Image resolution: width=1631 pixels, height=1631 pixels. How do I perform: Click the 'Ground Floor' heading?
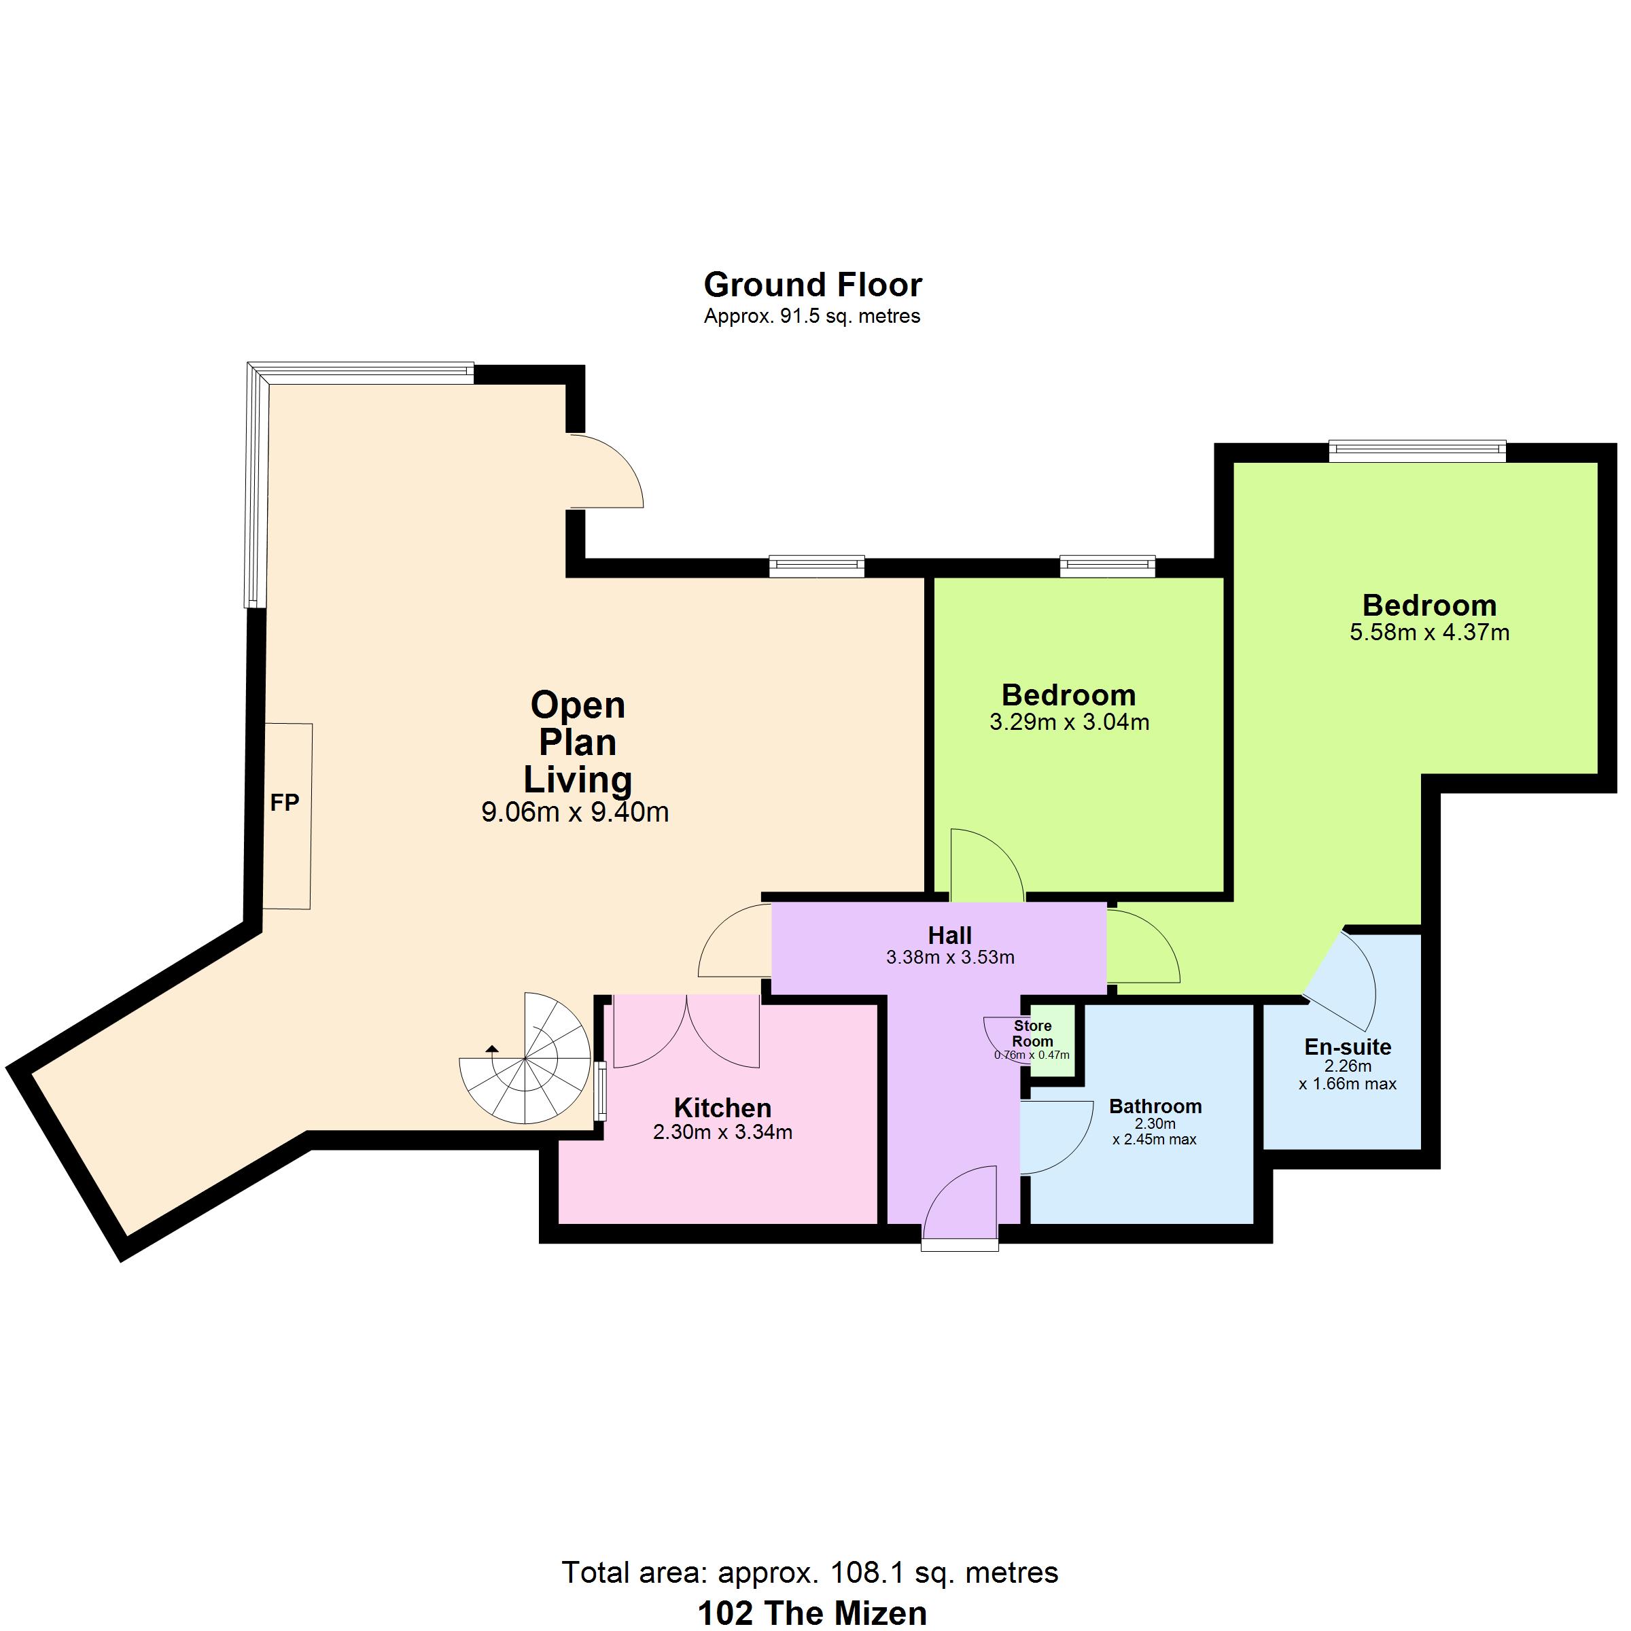pos(812,285)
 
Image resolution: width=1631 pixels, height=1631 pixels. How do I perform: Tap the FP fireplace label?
pos(285,803)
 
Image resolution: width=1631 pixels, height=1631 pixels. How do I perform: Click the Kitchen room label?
pos(722,1108)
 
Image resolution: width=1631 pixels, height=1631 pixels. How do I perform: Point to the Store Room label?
pos(1032,1033)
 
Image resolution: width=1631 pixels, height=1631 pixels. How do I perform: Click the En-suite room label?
pos(1348,1047)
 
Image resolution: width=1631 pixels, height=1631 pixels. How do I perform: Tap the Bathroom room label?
pos(1155,1106)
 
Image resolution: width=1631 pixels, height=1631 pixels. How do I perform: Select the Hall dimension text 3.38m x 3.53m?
pos(950,958)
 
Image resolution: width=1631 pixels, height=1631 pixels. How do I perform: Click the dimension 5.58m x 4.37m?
pos(1429,632)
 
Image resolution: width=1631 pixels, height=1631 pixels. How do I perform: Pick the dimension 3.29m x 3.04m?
pos(1069,722)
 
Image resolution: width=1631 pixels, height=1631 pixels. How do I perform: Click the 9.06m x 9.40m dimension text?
pos(575,812)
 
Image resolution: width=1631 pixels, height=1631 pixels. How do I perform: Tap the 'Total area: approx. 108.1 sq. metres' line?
pos(809,1573)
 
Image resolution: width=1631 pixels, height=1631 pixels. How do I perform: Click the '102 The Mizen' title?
pos(812,1613)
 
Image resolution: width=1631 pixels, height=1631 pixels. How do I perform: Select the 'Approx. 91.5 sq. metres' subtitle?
pos(812,317)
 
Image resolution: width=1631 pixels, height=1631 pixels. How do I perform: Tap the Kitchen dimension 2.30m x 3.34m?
pos(722,1132)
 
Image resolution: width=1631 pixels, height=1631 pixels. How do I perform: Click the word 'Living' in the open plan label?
pos(578,779)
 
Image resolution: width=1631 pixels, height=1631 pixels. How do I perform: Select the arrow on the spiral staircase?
pos(491,1049)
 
